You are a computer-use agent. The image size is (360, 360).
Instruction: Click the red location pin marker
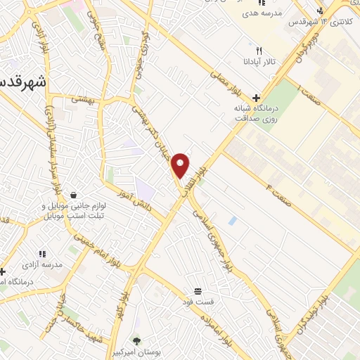[181, 165]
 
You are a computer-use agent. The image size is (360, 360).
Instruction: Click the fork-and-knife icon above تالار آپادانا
[259, 51]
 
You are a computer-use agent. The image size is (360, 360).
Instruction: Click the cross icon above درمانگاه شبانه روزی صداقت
[257, 98]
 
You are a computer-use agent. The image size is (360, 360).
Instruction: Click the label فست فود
[198, 302]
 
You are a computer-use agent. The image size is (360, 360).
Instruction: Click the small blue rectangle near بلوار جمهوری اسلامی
[233, 221]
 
